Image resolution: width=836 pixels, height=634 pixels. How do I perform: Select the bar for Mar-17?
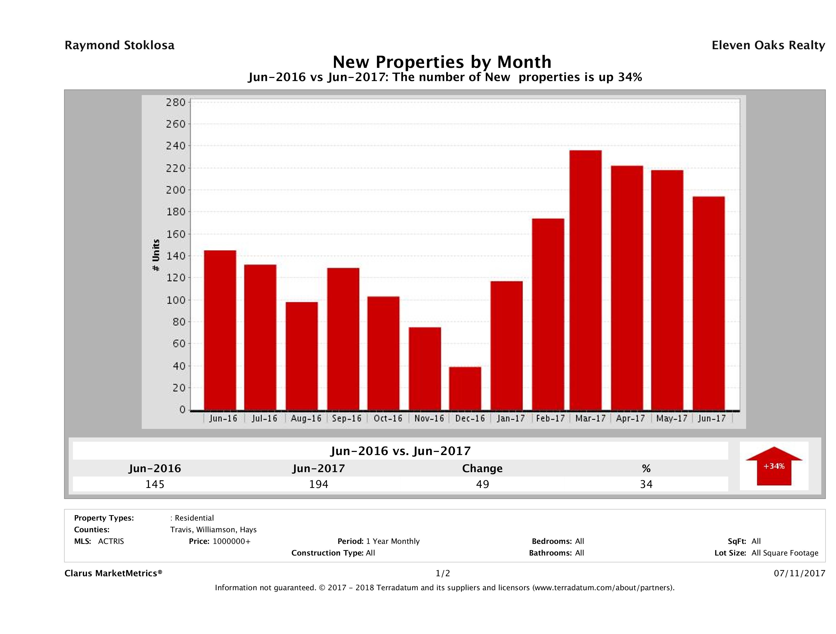click(585, 280)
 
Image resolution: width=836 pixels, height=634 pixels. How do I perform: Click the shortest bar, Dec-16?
click(465, 388)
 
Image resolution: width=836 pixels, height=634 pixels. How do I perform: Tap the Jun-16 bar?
click(220, 330)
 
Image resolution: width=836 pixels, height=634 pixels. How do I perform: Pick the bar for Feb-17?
click(548, 314)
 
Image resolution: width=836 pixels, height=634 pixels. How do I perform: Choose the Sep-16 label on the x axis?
click(347, 419)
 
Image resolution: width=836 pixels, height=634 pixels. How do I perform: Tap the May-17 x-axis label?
click(671, 419)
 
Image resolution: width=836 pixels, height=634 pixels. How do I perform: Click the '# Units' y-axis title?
click(156, 255)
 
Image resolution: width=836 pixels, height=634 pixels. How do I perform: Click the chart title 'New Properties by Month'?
click(442, 62)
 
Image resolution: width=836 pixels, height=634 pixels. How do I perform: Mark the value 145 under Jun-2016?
click(155, 484)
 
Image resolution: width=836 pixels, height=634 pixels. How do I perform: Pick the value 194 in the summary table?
click(319, 484)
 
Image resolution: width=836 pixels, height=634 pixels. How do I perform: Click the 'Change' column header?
click(482, 469)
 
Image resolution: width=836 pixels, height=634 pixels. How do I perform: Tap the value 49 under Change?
click(483, 484)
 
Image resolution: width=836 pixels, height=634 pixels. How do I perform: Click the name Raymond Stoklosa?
click(119, 45)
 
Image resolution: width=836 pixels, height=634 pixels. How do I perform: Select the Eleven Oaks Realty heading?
click(768, 45)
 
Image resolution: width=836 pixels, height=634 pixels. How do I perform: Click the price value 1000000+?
click(231, 541)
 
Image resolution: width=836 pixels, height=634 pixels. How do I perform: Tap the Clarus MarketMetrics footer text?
click(113, 573)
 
